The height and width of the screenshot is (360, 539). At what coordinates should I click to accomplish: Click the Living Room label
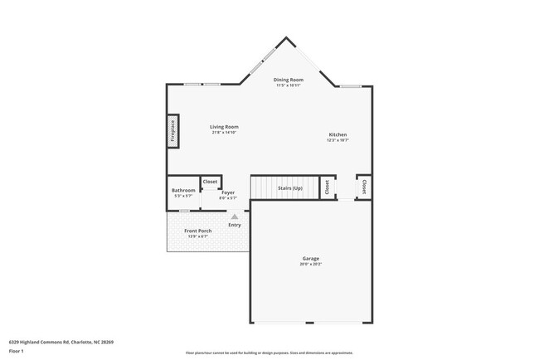pyautogui.click(x=224, y=127)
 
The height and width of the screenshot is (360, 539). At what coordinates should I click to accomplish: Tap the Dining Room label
pyautogui.click(x=289, y=80)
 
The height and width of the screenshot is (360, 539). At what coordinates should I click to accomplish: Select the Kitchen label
pyautogui.click(x=337, y=134)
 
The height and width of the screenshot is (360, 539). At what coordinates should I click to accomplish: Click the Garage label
pyautogui.click(x=310, y=259)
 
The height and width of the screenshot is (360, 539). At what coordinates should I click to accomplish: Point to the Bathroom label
pyautogui.click(x=183, y=190)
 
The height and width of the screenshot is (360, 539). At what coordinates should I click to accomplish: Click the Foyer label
pyautogui.click(x=227, y=192)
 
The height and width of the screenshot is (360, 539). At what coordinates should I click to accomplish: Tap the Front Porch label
pyautogui.click(x=197, y=231)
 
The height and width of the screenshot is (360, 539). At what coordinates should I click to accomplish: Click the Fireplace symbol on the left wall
pyautogui.click(x=173, y=131)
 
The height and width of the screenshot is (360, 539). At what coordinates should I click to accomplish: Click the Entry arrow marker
pyautogui.click(x=235, y=216)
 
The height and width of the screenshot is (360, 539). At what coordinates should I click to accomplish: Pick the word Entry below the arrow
pyautogui.click(x=235, y=225)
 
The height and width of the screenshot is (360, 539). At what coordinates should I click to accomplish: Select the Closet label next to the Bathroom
pyautogui.click(x=210, y=182)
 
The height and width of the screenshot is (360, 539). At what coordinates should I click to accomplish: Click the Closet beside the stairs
pyautogui.click(x=327, y=188)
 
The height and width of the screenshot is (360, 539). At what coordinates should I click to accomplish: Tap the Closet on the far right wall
pyautogui.click(x=363, y=187)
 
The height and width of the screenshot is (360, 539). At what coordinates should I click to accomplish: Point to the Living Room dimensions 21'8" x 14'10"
pyautogui.click(x=224, y=133)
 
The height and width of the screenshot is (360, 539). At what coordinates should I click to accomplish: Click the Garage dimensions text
pyautogui.click(x=310, y=265)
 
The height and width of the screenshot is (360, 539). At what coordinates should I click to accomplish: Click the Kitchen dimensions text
pyautogui.click(x=337, y=140)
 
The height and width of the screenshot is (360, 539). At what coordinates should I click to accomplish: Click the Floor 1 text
pyautogui.click(x=17, y=351)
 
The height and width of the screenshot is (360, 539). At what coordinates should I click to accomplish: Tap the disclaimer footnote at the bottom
pyautogui.click(x=269, y=353)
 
